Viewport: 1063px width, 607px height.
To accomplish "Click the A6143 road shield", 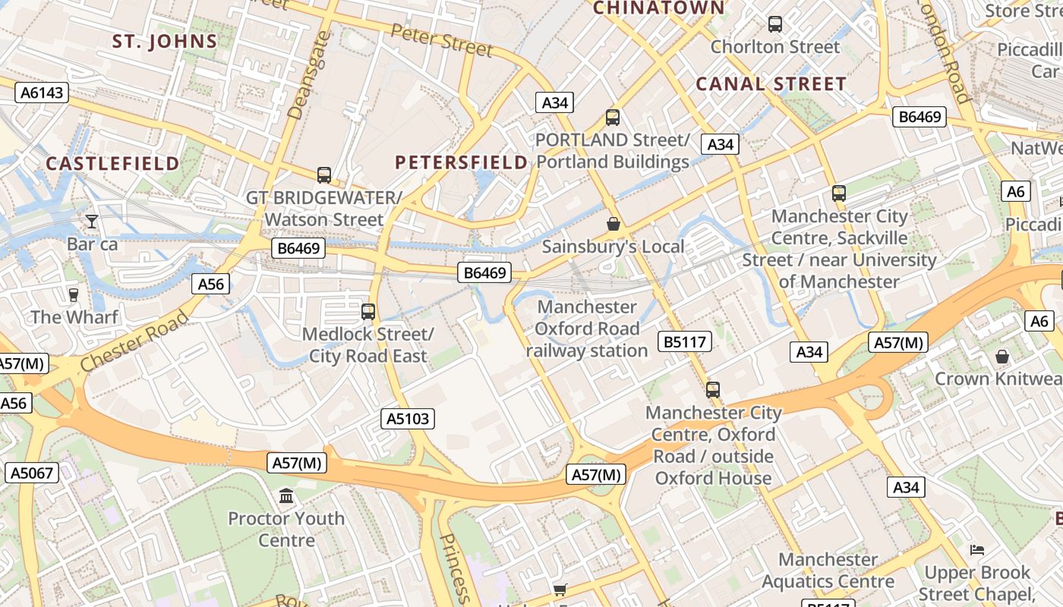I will [43, 93].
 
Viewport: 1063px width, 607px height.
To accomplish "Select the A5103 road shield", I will [408, 418].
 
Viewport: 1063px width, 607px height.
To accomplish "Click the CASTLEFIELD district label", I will [113, 163].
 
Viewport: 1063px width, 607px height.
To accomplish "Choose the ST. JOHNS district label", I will [165, 41].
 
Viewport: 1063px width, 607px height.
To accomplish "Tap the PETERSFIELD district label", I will [461, 162].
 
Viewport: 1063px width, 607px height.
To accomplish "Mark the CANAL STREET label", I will [771, 83].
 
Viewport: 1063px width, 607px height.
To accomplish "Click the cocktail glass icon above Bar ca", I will [92, 221].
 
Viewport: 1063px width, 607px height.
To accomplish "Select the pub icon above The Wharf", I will [74, 294].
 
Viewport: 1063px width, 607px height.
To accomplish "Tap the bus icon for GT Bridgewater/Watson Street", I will [324, 175].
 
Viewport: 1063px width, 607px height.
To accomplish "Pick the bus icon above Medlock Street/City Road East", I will [368, 311].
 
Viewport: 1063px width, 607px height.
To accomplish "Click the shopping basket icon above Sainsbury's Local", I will [613, 224].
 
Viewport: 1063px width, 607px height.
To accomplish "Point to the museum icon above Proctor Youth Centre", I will [286, 496].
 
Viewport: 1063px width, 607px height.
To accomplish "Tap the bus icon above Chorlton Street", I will [774, 24].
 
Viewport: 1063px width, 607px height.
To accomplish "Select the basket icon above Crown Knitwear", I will [1002, 356].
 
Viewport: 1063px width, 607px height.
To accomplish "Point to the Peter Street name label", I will [442, 39].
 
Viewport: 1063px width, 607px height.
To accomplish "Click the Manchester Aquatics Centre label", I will [828, 571].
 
